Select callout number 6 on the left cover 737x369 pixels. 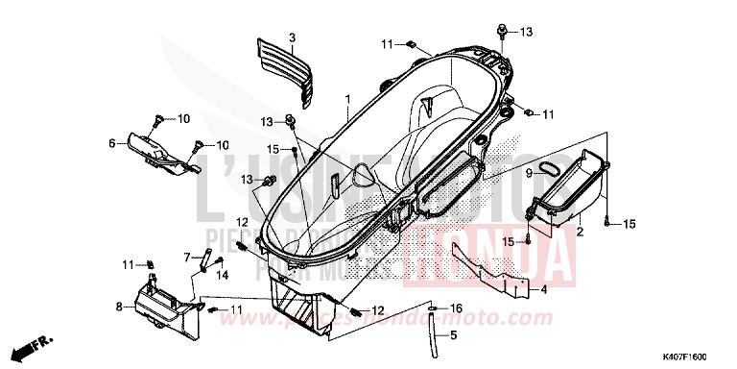pos(112,144)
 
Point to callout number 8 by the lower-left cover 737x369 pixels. pos(119,308)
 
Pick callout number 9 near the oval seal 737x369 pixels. pos(555,172)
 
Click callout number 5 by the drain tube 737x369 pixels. pos(455,337)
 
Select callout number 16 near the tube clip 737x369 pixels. pos(457,308)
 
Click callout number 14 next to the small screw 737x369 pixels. pos(222,274)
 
